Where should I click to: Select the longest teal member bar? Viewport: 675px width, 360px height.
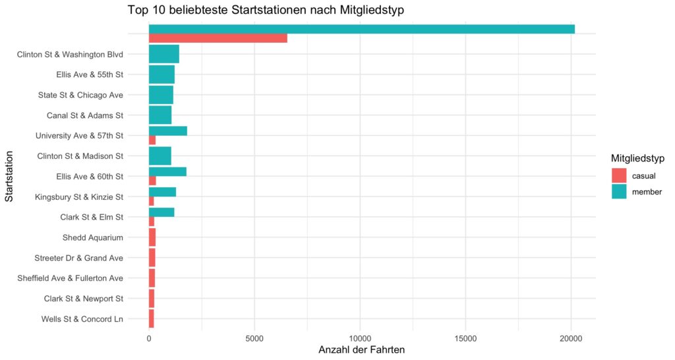(361, 29)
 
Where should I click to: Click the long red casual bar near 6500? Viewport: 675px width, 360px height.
(218, 38)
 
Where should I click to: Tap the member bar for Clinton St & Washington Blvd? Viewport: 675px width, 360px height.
(163, 54)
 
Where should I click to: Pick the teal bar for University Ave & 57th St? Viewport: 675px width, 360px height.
(167, 131)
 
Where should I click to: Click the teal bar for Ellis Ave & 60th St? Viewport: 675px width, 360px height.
(167, 171)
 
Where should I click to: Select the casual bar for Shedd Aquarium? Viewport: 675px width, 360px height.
(152, 237)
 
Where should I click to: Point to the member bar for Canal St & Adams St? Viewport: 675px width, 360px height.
(160, 115)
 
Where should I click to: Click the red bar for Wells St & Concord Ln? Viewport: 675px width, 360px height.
(152, 319)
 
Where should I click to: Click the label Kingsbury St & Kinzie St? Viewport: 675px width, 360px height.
(78, 196)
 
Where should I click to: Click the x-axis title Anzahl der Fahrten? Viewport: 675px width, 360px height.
(361, 349)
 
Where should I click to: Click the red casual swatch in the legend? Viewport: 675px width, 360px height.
(619, 175)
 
